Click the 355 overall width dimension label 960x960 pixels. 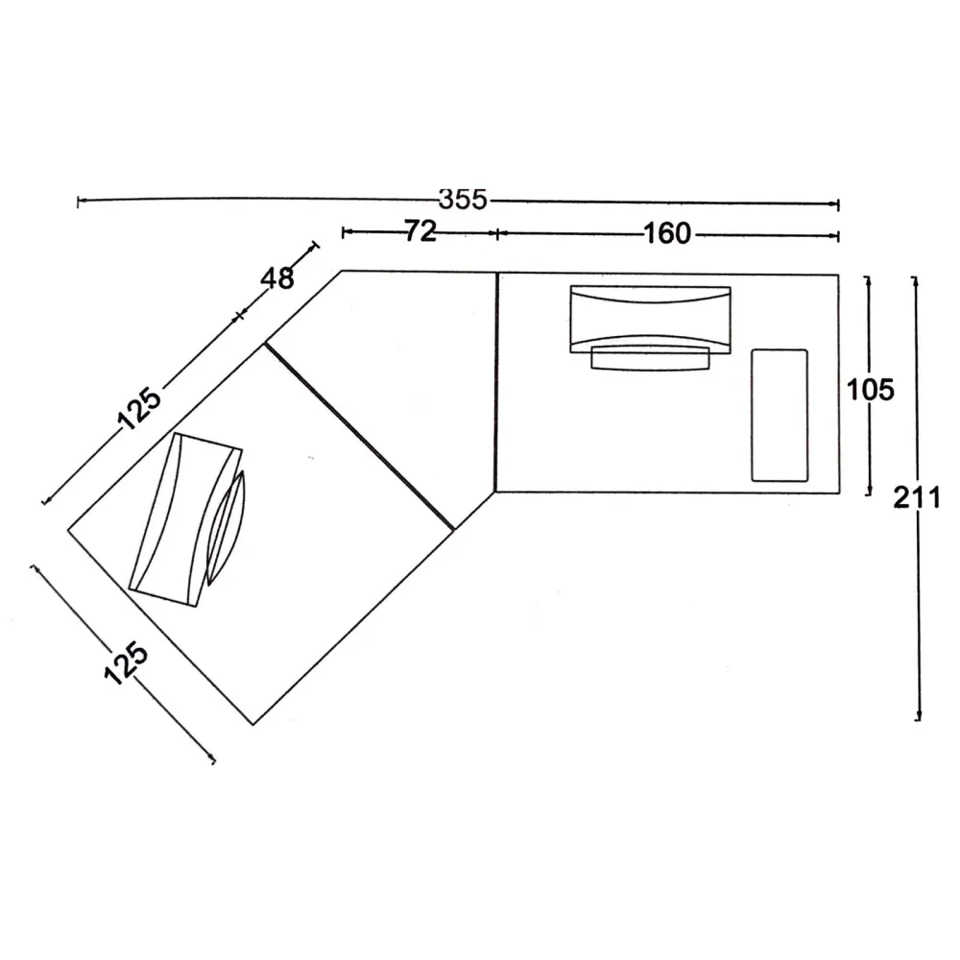click(463, 200)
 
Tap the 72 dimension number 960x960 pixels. click(420, 231)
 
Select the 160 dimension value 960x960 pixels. click(667, 233)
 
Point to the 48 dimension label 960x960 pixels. click(277, 278)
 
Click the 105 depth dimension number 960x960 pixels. click(870, 390)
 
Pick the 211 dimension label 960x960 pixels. click(917, 497)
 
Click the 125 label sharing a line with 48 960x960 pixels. click(139, 408)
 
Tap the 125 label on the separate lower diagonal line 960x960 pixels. click(126, 663)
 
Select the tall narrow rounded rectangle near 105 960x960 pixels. click(780, 415)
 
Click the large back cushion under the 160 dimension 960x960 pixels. click(650, 319)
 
